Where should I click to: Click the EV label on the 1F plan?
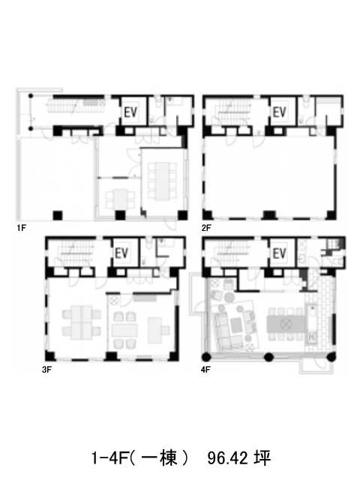[x=130, y=112]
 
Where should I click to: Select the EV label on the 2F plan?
[x=279, y=112]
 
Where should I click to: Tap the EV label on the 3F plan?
[x=121, y=253]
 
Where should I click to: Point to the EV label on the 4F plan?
[x=279, y=253]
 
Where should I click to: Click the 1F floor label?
[x=21, y=228]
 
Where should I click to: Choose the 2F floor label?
[x=206, y=228]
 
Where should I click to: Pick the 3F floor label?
[x=46, y=370]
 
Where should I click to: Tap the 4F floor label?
[x=205, y=370]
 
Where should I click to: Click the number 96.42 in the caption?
[x=227, y=458]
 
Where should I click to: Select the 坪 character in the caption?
[x=262, y=458]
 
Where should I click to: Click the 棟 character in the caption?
[x=168, y=458]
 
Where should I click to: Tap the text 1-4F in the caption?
[x=109, y=458]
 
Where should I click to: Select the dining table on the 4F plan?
[x=286, y=324]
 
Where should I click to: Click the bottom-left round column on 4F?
[x=206, y=357]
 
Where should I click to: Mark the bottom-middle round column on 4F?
[x=268, y=357]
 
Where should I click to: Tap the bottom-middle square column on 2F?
[x=270, y=215]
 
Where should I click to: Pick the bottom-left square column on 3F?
[x=50, y=356]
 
